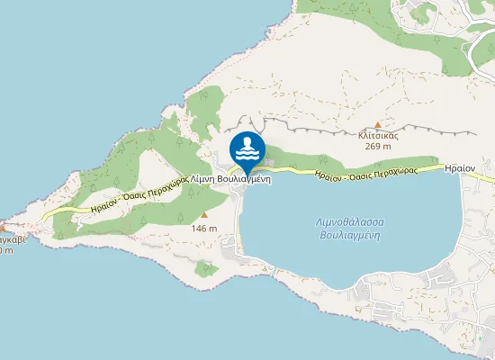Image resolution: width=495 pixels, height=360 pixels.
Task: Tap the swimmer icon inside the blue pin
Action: point(247,147)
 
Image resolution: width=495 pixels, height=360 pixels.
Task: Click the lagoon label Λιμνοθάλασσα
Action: point(352,220)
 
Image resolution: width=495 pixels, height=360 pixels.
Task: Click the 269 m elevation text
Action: point(378,146)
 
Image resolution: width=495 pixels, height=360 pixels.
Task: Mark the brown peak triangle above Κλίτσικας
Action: point(378,125)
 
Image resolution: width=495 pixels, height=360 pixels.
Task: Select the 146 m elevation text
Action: point(204,229)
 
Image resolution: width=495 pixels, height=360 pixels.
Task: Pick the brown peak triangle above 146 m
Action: point(204,216)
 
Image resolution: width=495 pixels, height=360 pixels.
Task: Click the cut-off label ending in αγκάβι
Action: point(13,239)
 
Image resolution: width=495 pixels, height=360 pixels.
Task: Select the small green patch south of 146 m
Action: point(204,269)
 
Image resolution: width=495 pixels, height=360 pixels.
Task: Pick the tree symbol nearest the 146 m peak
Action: point(183,216)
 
